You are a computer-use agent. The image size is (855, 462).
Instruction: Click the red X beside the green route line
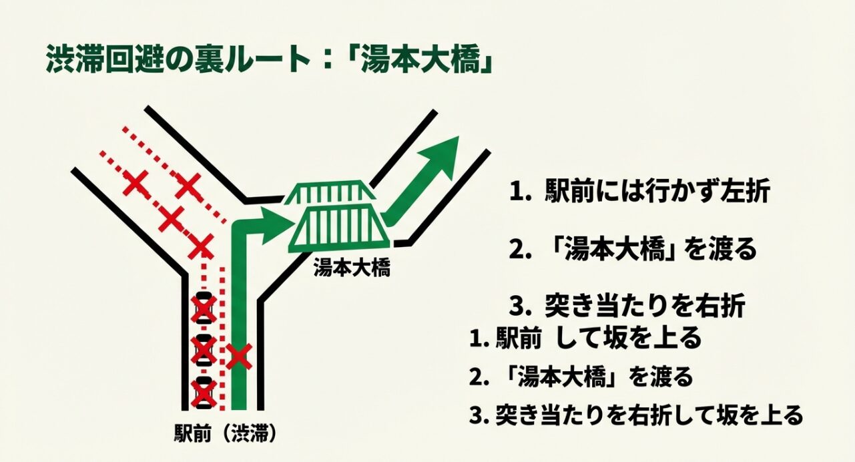(x=238, y=357)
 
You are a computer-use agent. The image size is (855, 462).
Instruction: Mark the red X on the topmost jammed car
(x=204, y=308)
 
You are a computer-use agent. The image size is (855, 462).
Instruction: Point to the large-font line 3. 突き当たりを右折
(x=627, y=306)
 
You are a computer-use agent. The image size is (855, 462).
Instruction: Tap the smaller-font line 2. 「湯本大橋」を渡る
(x=581, y=377)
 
